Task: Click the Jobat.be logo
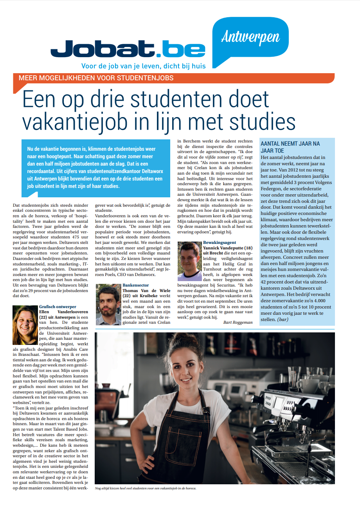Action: tap(128, 49)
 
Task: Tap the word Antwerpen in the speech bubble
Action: tap(250, 37)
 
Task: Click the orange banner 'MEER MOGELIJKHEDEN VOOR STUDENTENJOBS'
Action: tap(96, 78)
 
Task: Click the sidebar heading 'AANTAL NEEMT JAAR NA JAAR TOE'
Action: tap(290, 147)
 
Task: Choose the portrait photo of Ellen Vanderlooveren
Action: tap(25, 319)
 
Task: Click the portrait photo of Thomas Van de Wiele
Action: tap(108, 304)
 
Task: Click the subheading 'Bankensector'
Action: tap(136, 285)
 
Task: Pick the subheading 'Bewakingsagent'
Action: tap(220, 243)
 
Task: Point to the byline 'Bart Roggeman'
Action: tap(238, 322)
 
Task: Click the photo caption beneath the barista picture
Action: tap(146, 488)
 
